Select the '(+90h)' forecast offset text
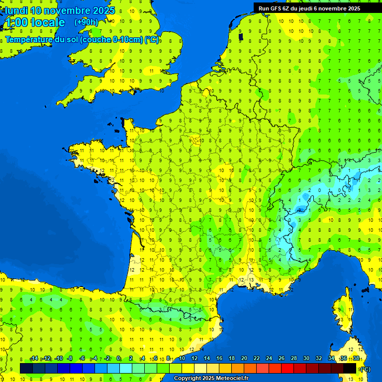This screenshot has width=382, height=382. coord(86,22)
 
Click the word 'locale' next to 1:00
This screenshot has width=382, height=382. coord(48,22)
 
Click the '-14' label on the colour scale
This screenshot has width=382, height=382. coord(34,359)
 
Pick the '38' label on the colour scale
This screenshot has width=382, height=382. coord(356,359)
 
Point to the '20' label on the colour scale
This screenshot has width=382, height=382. coord(244,359)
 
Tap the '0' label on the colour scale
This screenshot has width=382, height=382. coord(118,359)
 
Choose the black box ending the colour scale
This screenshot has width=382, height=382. coord(350,368)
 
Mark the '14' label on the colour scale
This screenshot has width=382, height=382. coord(207,359)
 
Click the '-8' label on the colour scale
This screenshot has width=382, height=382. coord(70,359)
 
